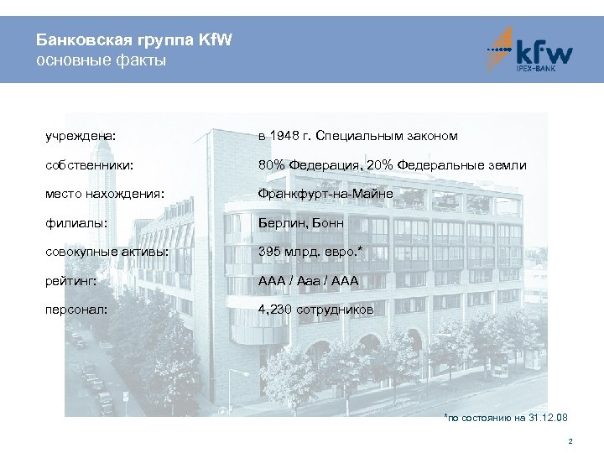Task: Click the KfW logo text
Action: [543, 53]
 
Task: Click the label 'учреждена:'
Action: [81, 135]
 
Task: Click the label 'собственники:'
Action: [91, 165]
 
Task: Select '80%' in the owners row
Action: [272, 165]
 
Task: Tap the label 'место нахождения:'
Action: [105, 195]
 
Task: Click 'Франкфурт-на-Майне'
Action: [325, 195]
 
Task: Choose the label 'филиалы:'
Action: [76, 224]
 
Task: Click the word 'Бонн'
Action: [327, 224]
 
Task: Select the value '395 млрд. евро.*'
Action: [310, 251]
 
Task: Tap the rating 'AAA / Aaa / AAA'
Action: [308, 281]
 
